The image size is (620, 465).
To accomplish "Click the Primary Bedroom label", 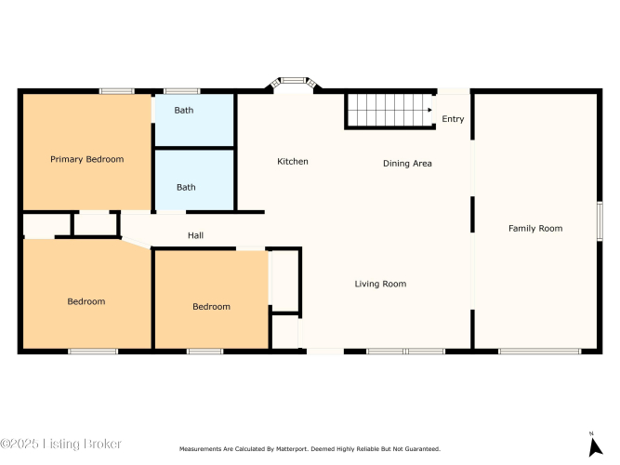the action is [87, 159].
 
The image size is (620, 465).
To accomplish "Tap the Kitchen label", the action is [293, 162].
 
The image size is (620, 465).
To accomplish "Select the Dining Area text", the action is [407, 164].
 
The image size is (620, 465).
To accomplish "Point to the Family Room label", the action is [535, 229].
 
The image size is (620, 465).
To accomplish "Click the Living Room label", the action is [380, 284].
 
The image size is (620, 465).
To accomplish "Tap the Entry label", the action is [453, 119].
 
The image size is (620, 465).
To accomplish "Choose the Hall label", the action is [196, 235].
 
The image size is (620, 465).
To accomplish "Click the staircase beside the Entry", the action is [389, 112].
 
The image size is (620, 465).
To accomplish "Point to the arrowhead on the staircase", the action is [429, 110].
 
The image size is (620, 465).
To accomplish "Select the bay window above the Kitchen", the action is [295, 82].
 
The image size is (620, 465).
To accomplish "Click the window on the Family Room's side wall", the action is [600, 220].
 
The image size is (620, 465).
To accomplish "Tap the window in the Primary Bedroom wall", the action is [116, 91].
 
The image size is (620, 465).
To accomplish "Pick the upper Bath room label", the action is [184, 110].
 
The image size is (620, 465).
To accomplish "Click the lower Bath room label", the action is [186, 187].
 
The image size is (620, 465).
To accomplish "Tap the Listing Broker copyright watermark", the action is [60, 444].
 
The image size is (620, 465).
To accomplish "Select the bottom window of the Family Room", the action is [540, 352].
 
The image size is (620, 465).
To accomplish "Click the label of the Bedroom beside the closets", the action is [211, 306].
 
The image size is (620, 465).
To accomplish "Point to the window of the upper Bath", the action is [182, 91].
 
